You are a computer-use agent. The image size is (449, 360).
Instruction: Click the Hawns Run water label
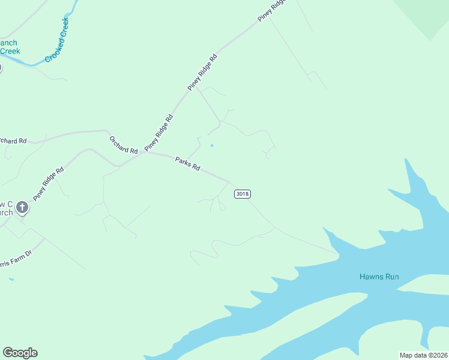pyautogui.click(x=379, y=277)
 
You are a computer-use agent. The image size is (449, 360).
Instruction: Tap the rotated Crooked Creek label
pyautogui.click(x=58, y=41)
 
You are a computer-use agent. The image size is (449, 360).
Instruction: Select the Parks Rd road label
pyautogui.click(x=187, y=163)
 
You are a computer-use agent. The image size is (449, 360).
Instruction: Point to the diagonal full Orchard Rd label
pyautogui.click(x=124, y=144)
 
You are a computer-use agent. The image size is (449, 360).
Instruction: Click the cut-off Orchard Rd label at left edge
pyautogui.click(x=13, y=141)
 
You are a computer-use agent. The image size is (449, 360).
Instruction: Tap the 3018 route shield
pyautogui.click(x=243, y=194)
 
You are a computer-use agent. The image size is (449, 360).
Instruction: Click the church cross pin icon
pyautogui.click(x=22, y=208)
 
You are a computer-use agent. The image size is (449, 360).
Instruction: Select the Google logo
pyautogui.click(x=20, y=353)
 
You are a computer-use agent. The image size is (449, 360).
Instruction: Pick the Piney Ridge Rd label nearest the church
pyautogui.click(x=48, y=184)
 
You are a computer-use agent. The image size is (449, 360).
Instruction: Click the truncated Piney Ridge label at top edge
pyautogui.click(x=273, y=11)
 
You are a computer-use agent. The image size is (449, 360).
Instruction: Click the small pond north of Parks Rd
pyautogui.click(x=211, y=145)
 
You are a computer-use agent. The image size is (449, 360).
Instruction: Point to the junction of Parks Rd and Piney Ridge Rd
pyautogui.click(x=143, y=152)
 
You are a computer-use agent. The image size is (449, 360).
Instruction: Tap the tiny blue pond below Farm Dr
pyautogui.click(x=11, y=278)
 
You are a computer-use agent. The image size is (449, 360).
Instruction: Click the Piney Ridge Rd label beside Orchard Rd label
pyautogui.click(x=158, y=131)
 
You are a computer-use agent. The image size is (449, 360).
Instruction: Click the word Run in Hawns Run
pyautogui.click(x=393, y=277)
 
